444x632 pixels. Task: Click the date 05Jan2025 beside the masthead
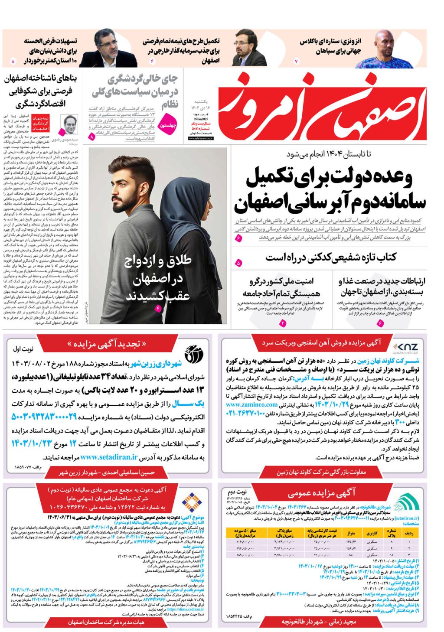click(x=200, y=119)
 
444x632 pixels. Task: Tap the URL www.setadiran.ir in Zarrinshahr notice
click(x=109, y=456)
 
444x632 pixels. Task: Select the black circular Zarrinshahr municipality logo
click(x=194, y=354)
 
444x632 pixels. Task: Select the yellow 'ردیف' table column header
click(x=409, y=533)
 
